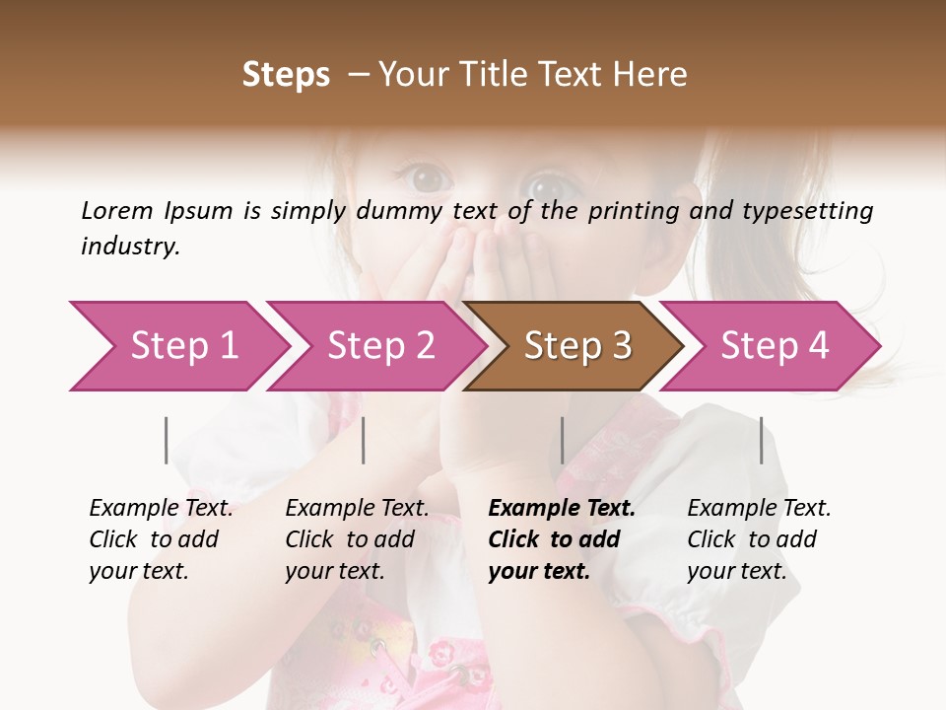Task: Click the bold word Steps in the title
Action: (286, 75)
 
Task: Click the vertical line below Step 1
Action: (167, 440)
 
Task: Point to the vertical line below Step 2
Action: (364, 440)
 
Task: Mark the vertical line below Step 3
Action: (562, 440)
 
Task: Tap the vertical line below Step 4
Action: (761, 440)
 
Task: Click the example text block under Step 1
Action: (161, 539)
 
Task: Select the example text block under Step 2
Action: (357, 539)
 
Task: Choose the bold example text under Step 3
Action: (562, 539)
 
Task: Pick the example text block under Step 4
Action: (759, 539)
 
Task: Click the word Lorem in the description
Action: (117, 211)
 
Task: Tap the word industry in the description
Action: (130, 247)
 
